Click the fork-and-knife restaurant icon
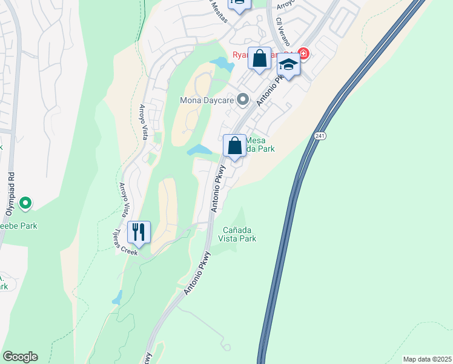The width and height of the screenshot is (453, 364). (x=139, y=232)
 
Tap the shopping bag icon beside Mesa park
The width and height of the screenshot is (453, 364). (x=234, y=146)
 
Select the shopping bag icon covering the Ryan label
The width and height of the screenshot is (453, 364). (x=260, y=59)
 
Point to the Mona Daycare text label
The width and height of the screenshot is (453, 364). (x=207, y=99)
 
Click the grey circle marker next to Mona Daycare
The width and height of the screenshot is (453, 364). (x=243, y=99)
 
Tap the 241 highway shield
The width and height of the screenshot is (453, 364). (x=319, y=136)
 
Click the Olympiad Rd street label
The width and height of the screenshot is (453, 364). (x=12, y=183)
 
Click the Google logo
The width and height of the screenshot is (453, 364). (x=20, y=357)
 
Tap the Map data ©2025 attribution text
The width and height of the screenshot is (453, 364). (x=426, y=359)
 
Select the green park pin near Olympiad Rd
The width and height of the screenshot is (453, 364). (x=25, y=203)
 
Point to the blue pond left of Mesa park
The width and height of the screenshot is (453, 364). (x=199, y=150)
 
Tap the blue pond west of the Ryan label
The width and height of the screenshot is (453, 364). (x=222, y=62)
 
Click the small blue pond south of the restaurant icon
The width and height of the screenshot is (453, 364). (x=117, y=297)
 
